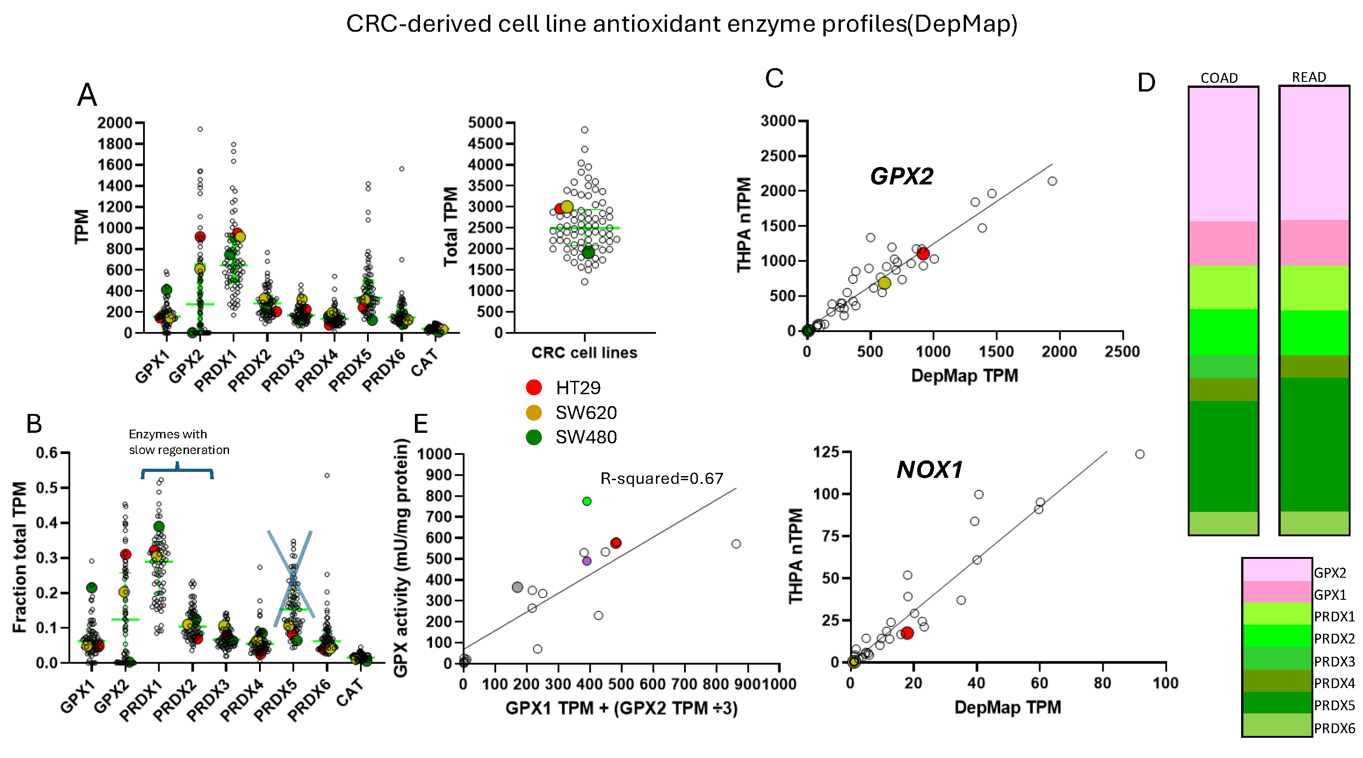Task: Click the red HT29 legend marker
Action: [x=533, y=387]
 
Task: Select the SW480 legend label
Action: [x=586, y=437]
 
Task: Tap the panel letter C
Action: [x=774, y=79]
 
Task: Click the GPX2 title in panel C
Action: [x=901, y=176]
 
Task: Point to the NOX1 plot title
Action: [x=929, y=470]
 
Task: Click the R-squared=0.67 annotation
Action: [x=661, y=478]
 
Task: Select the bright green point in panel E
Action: [x=586, y=501]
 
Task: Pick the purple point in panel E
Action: [x=586, y=561]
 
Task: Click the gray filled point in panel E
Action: [x=518, y=587]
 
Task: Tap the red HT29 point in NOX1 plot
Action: [x=907, y=633]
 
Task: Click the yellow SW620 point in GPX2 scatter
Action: [x=884, y=283]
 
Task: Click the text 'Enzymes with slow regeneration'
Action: [x=178, y=442]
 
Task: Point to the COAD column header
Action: [x=1219, y=78]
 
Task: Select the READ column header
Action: [x=1309, y=77]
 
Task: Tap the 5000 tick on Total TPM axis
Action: [x=485, y=123]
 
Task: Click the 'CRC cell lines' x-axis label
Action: [x=584, y=352]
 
